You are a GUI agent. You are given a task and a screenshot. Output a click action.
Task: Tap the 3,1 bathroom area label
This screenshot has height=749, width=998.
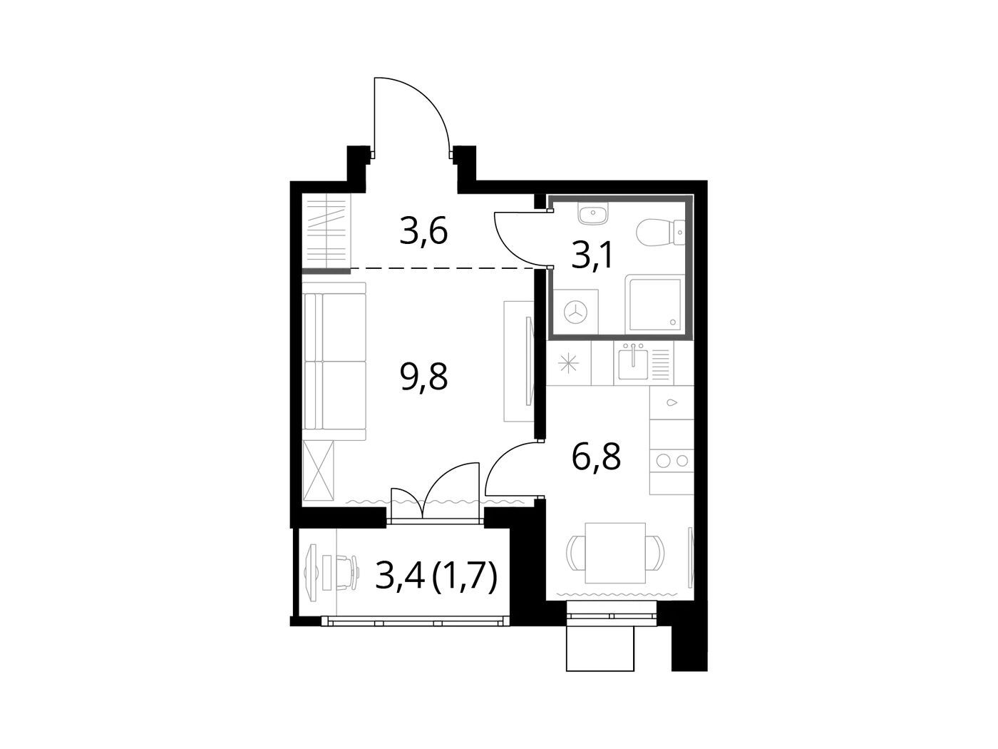coord(592,255)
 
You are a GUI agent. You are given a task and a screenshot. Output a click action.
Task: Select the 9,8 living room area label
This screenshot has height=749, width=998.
coord(423,377)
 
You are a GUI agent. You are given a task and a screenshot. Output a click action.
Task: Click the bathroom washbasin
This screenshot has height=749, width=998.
coord(593,213)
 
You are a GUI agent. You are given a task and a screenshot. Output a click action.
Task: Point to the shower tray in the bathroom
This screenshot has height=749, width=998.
coord(654,304)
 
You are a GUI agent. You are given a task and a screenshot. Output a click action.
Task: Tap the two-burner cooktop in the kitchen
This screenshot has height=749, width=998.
coord(672,460)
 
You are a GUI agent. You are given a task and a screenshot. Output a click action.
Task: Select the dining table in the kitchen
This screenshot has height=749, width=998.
coord(615,553)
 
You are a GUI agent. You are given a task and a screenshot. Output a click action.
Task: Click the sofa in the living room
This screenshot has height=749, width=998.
coord(334,362)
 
